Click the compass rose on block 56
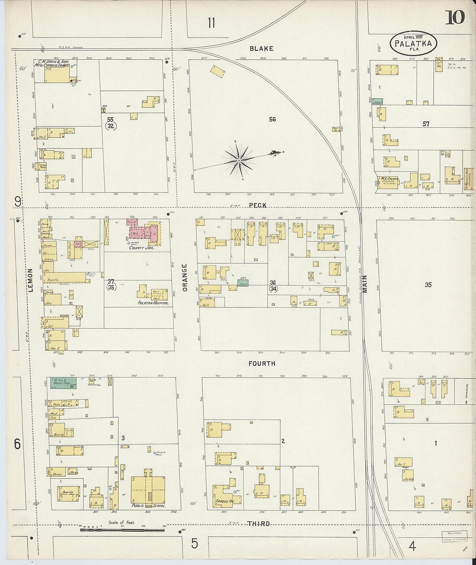pos(239,161)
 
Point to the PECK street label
pos(258,205)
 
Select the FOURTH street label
pos(262,364)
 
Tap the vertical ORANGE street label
pos(185,277)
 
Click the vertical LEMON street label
pos(31,280)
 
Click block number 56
pos(272,119)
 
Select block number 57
pos(426,124)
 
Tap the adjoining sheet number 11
pos(211,23)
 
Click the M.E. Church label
pos(388,179)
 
